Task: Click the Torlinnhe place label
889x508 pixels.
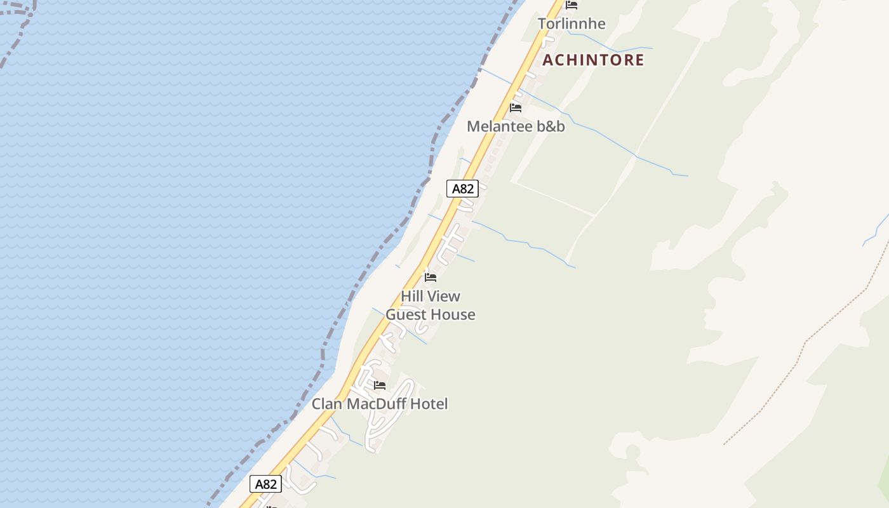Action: [571, 24]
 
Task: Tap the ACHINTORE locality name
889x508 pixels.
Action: [593, 60]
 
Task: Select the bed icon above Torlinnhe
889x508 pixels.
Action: [571, 5]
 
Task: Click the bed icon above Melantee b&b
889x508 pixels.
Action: [516, 107]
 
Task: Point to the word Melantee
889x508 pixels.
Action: [499, 126]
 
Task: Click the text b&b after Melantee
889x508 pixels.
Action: [551, 126]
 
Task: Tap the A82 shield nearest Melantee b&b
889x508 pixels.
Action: [462, 189]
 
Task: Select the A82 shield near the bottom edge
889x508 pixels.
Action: [265, 484]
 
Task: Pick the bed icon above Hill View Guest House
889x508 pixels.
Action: [431, 277]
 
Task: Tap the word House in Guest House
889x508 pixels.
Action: [455, 315]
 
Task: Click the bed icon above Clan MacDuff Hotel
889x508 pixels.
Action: [380, 385]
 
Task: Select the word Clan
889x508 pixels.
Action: [326, 404]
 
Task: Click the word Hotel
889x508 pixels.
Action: [429, 404]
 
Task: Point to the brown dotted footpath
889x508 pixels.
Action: [806, 343]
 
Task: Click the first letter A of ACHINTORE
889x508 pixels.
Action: [549, 60]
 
